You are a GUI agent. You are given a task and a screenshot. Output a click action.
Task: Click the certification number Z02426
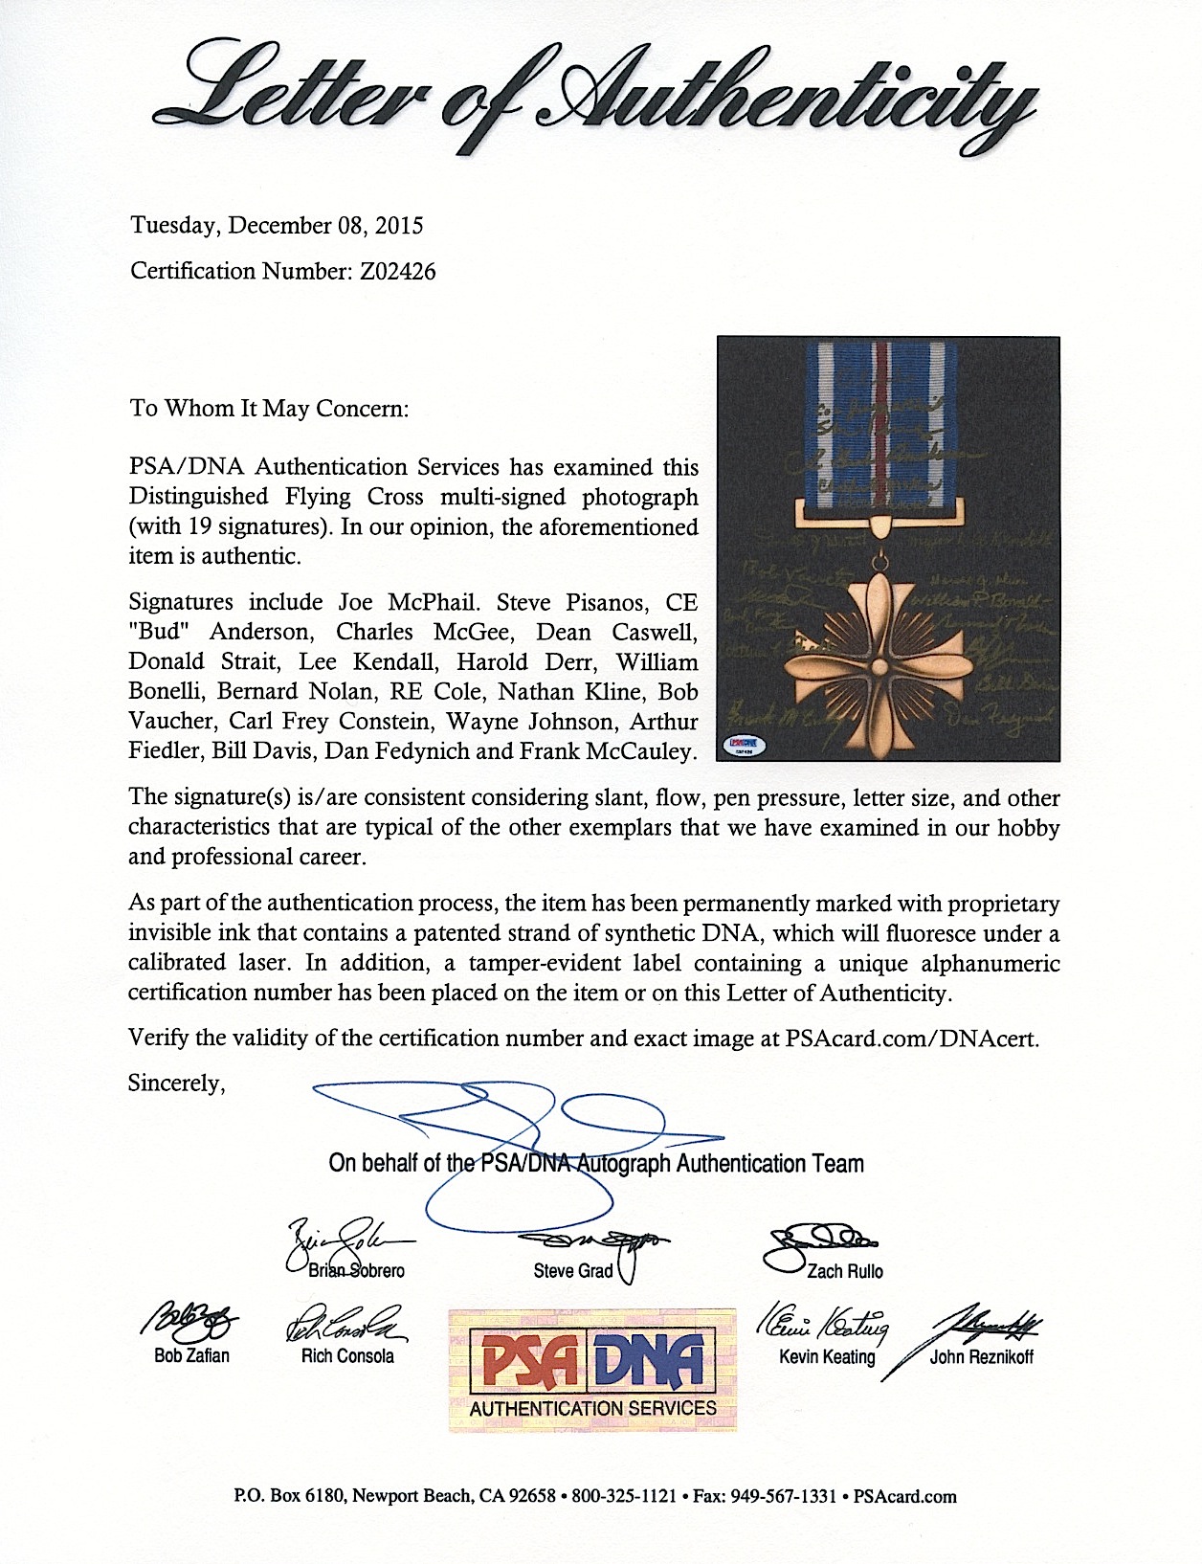coord(397,272)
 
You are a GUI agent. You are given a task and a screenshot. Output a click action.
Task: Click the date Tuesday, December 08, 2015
coord(277,226)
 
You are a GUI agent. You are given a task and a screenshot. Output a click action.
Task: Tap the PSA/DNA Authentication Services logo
coord(592,1370)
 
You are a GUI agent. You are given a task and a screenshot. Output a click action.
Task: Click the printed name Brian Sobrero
coord(356,1271)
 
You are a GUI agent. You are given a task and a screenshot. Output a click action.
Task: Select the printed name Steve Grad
coord(572,1271)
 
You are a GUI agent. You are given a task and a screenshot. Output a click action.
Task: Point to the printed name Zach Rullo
coord(844,1271)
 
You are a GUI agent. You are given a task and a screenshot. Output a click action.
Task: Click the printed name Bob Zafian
coord(191,1355)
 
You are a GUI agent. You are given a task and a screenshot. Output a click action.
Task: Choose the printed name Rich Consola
coord(347,1355)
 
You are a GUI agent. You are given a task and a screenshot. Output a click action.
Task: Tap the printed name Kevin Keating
coord(827,1356)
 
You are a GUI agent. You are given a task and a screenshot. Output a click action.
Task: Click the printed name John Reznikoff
coord(981,1356)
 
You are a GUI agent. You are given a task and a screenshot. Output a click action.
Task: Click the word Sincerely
coord(177,1084)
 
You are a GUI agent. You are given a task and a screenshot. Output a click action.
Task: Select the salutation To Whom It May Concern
coord(269,409)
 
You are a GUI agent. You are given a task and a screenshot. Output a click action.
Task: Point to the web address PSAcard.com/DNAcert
coord(911,1039)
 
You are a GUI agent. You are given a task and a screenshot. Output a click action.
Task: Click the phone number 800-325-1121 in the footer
coord(624,1496)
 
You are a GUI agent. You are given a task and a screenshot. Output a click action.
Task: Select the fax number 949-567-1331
coord(784,1496)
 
